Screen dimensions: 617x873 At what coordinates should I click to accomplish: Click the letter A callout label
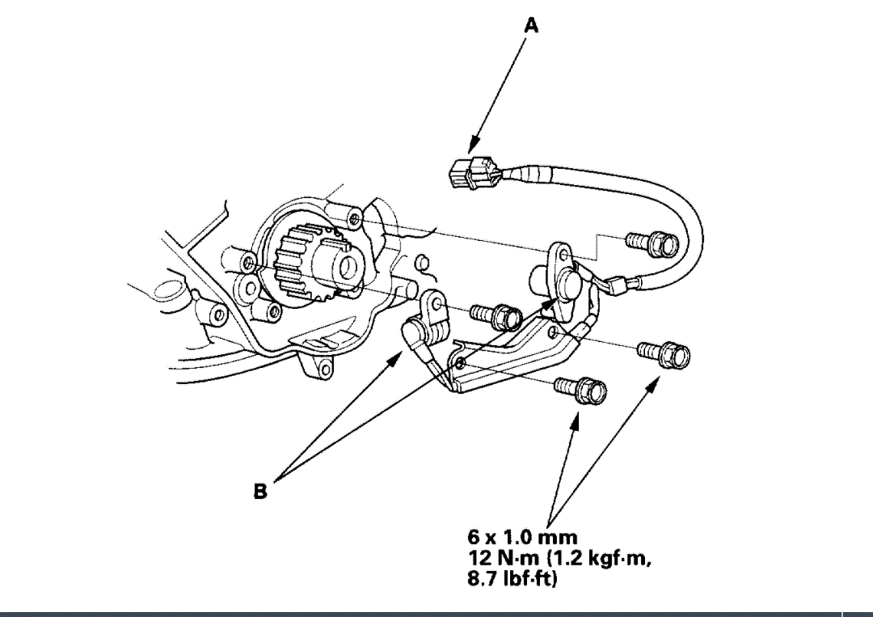coord(531,26)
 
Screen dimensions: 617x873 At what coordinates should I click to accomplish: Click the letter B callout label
coord(260,491)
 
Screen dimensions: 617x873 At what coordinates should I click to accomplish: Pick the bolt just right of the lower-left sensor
coord(496,315)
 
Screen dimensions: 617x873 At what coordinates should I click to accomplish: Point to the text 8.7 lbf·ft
coord(512,579)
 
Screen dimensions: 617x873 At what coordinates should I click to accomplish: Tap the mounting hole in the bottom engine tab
coord(324,369)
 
